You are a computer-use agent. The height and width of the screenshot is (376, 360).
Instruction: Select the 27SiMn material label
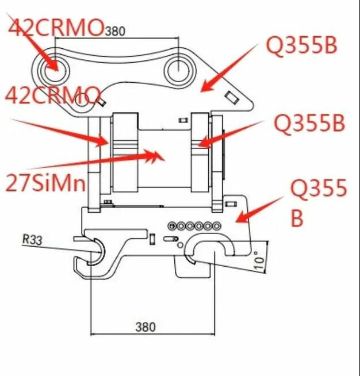[x=45, y=183]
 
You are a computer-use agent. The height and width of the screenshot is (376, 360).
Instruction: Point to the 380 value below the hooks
[x=145, y=327]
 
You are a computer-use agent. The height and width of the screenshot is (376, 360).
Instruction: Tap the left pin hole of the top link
[x=53, y=71]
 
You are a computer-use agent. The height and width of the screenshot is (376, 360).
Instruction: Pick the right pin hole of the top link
[x=180, y=71]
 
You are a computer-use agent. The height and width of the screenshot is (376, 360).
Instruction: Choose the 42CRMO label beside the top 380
[x=56, y=27]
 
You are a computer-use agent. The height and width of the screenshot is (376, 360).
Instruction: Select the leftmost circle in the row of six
[x=171, y=225]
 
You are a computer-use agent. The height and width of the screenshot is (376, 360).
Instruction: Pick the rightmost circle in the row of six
[x=217, y=225]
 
